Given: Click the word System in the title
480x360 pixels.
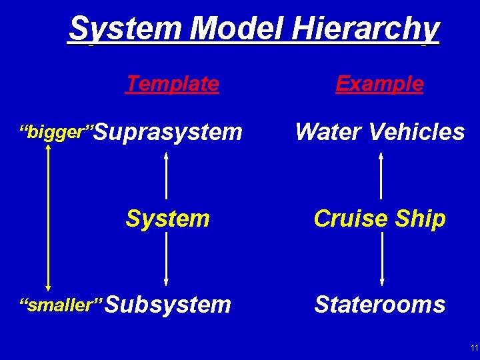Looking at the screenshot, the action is pyautogui.click(x=126, y=29).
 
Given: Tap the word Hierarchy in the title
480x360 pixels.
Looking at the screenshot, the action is pyautogui.click(x=365, y=30).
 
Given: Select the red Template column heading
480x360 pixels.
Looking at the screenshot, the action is pyautogui.click(x=173, y=83).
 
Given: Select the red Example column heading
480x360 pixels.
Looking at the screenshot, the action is pyautogui.click(x=379, y=83).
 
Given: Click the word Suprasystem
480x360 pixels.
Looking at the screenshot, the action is pyautogui.click(x=171, y=132).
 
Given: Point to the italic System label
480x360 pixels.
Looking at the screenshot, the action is pyautogui.click(x=168, y=218).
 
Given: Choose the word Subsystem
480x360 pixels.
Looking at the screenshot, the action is pyautogui.click(x=168, y=305).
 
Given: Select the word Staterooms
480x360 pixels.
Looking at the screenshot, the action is pyautogui.click(x=379, y=305).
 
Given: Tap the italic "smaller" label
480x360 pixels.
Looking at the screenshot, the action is pyautogui.click(x=61, y=305).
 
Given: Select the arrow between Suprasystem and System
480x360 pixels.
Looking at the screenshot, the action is pyautogui.click(x=165, y=176).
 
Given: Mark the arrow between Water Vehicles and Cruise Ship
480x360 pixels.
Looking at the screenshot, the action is pyautogui.click(x=381, y=176).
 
